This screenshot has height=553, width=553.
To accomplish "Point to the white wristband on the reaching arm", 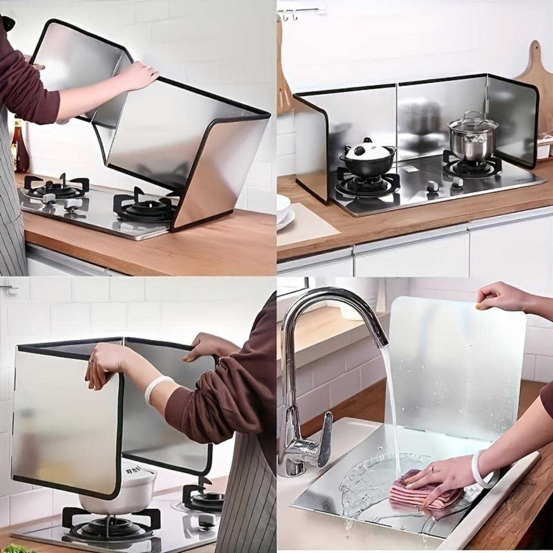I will click(x=156, y=388).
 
